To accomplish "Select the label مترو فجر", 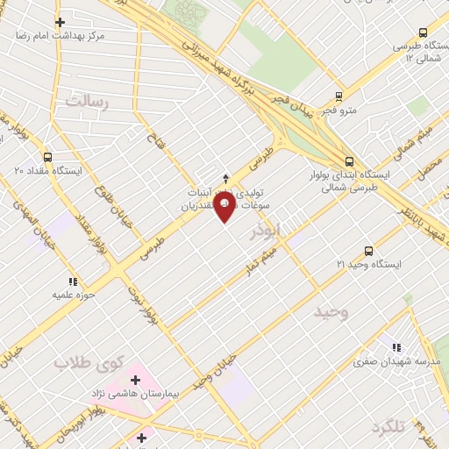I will click(339, 111).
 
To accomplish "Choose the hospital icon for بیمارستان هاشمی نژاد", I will click(135, 380).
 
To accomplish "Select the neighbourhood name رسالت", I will click(85, 101).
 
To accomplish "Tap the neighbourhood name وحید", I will click(331, 310).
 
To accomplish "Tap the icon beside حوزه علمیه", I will click(73, 282).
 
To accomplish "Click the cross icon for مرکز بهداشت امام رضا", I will click(60, 22).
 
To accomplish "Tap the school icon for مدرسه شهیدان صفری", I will click(397, 346).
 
